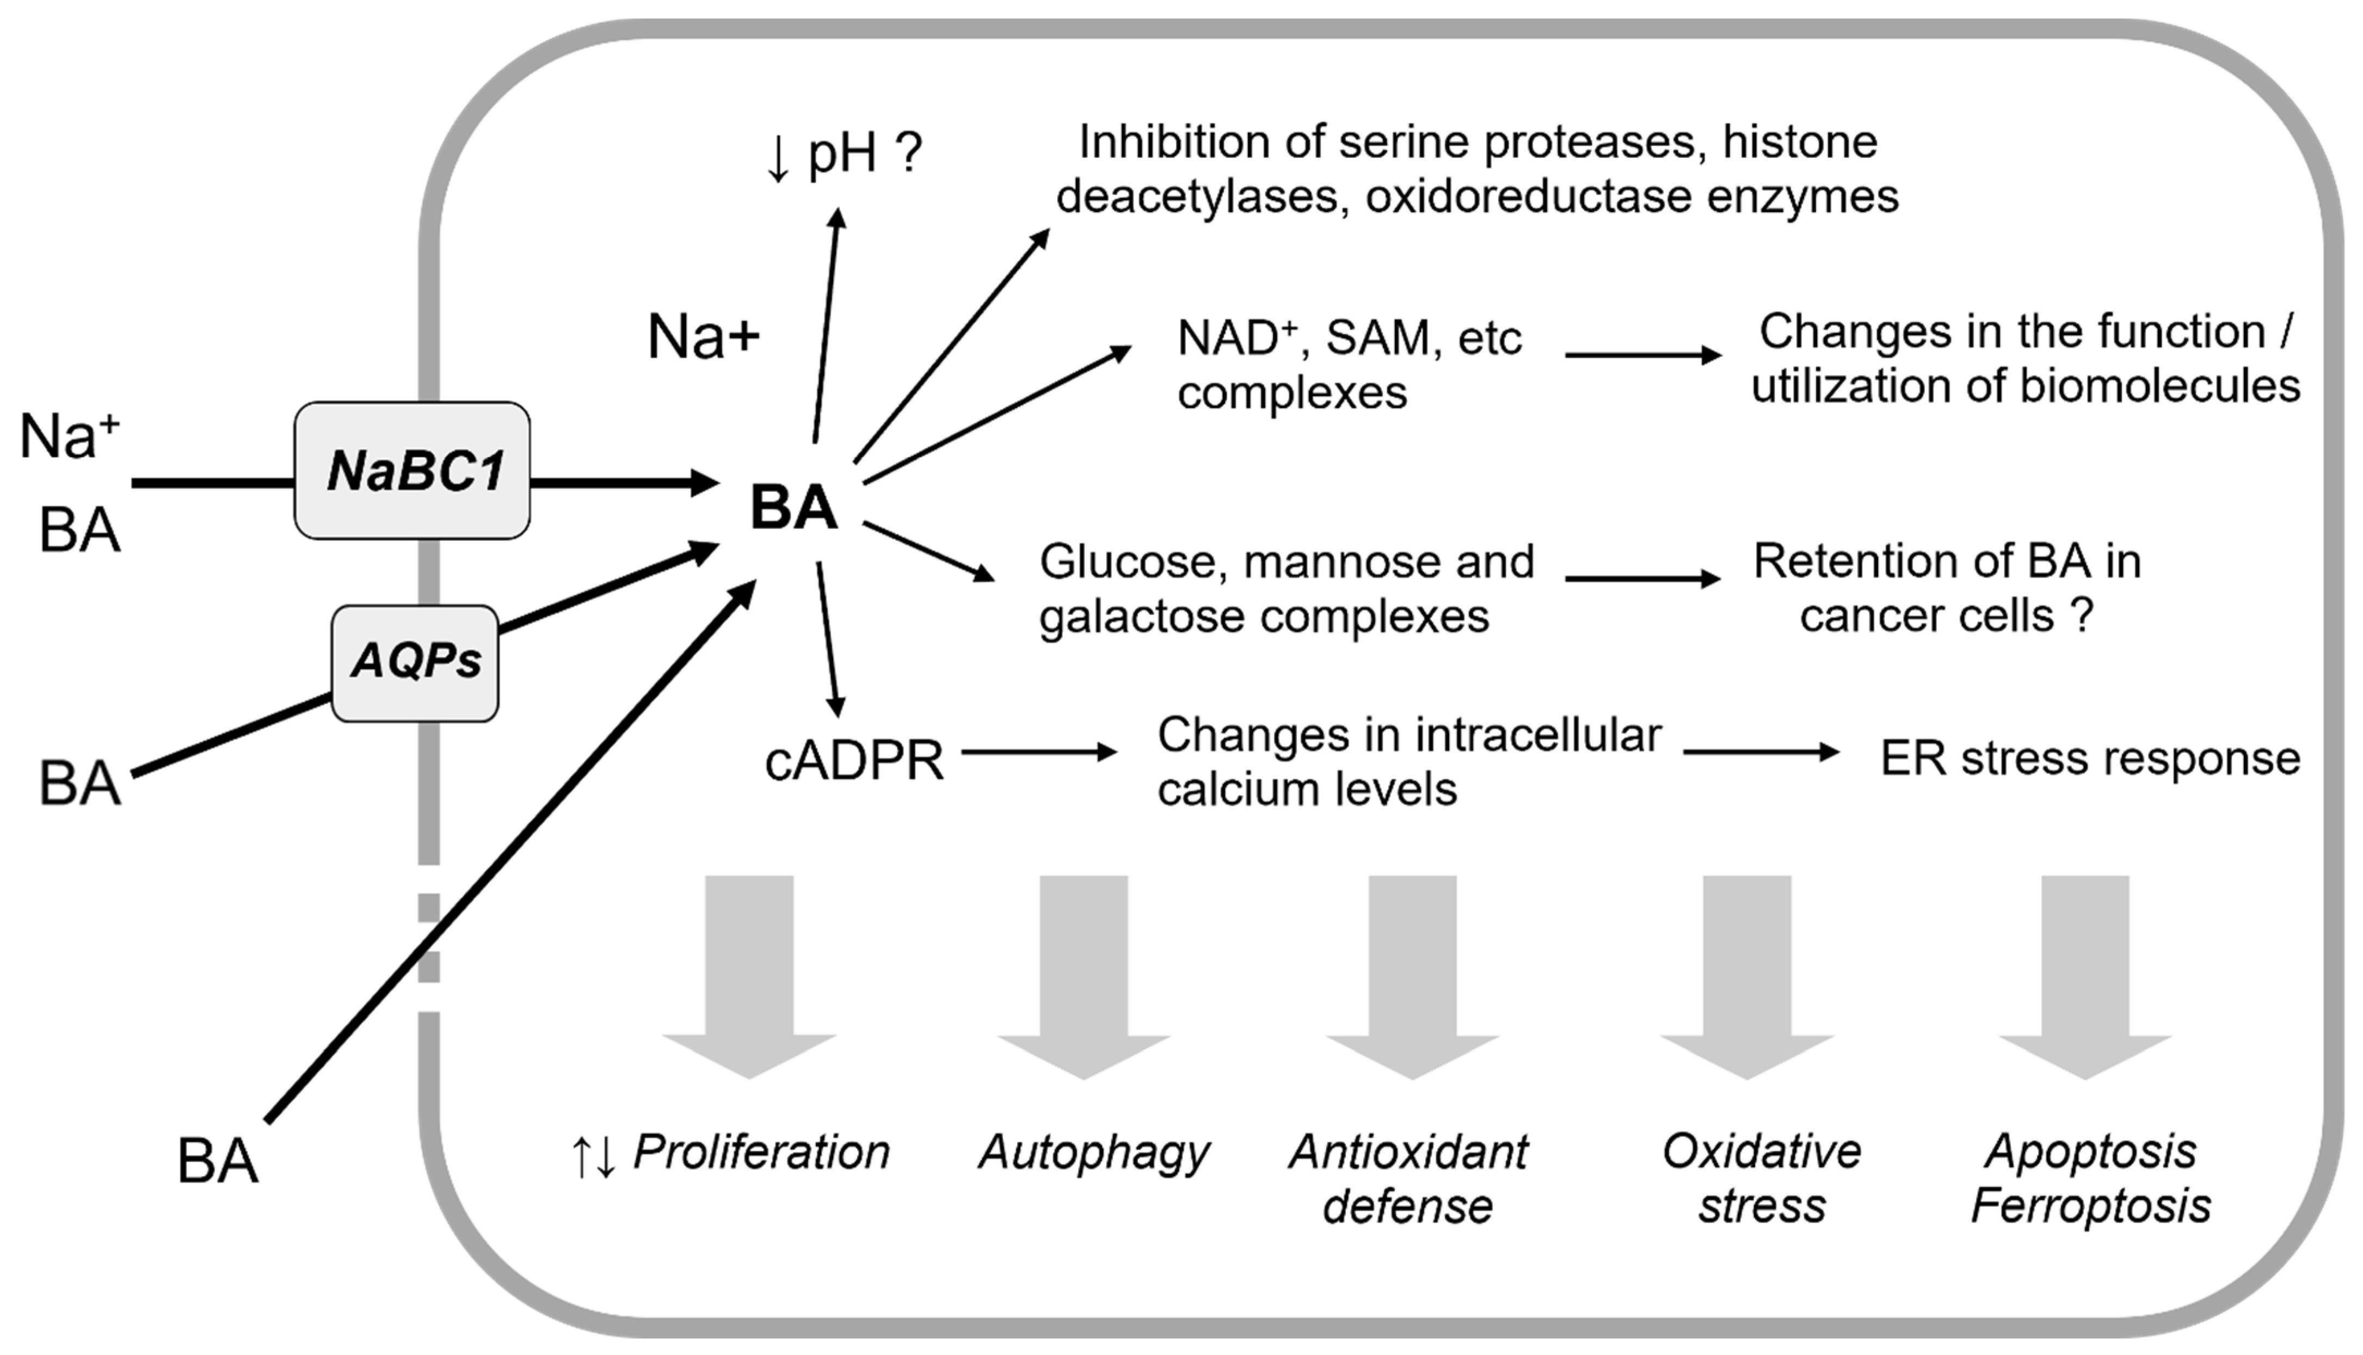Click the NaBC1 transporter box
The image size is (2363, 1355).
[x=413, y=470]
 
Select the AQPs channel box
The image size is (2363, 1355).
[x=415, y=663]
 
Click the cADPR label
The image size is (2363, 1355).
[x=853, y=761]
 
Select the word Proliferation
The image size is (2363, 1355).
[x=761, y=1152]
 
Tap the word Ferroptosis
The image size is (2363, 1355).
[x=2090, y=1206]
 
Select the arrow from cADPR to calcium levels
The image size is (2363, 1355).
[x=1038, y=752]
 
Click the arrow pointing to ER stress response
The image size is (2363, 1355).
[x=1761, y=752]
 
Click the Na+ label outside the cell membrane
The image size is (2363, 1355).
[x=70, y=435]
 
